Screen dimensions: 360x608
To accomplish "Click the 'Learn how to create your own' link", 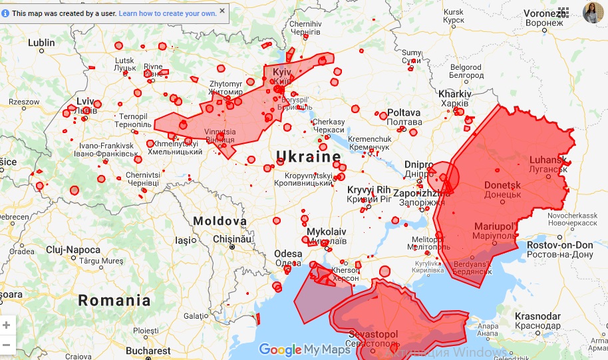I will point(168,13).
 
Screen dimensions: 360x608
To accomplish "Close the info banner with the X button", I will point(222,11).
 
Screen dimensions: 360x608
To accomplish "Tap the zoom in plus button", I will point(7,325).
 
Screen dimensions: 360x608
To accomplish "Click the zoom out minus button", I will point(7,345).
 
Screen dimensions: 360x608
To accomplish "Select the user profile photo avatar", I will point(592,12).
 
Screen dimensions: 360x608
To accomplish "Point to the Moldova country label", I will point(219,221).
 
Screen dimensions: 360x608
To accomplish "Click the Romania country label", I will point(114,300).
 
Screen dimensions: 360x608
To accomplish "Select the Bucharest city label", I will point(148,351).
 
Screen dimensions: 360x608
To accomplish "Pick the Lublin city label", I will point(41,43).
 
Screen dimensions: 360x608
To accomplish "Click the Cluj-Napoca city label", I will point(73,250).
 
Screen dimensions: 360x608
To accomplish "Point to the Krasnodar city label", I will point(537,315).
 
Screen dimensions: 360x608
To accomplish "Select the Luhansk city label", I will point(547,160).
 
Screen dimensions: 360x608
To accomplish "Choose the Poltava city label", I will point(404,112).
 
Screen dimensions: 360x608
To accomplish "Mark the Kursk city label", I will point(453,12).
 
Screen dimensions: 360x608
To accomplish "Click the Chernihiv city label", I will point(305,24).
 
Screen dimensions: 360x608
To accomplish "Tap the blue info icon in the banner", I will point(6,13).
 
